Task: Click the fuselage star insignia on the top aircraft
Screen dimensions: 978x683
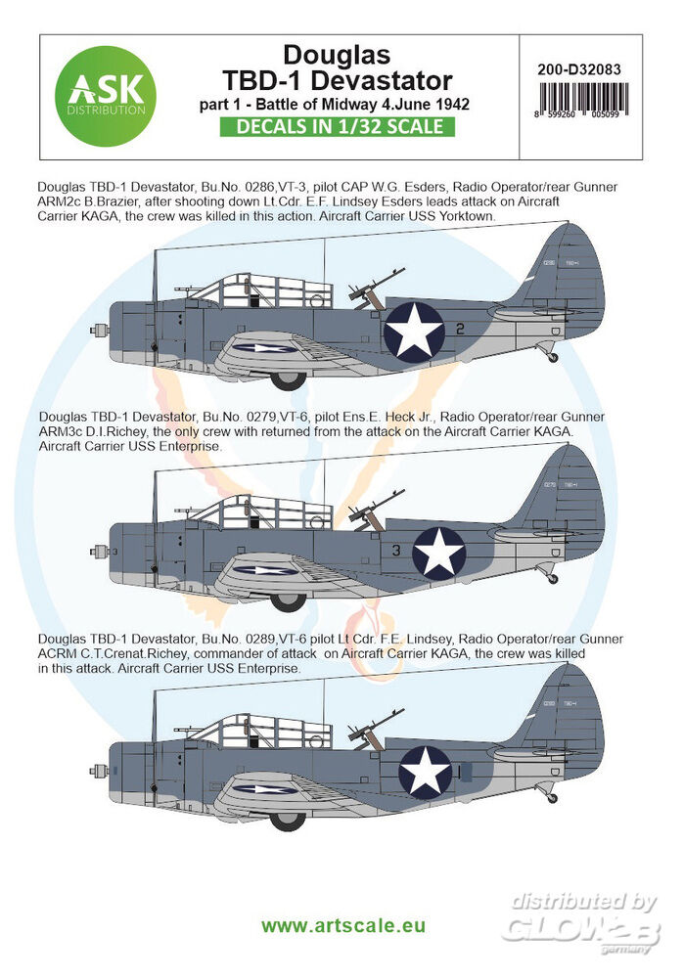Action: (413, 329)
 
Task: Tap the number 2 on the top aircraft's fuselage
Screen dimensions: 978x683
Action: (459, 331)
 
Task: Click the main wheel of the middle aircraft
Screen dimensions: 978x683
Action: (288, 600)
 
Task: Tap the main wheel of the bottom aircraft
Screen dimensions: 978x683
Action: (288, 820)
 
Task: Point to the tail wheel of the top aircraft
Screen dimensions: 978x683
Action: (554, 358)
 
